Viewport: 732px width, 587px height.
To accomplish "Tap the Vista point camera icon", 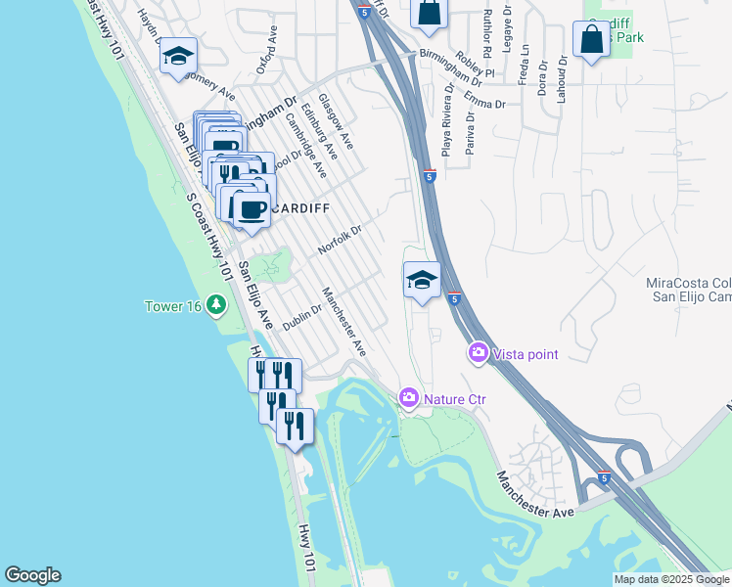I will pyautogui.click(x=479, y=352).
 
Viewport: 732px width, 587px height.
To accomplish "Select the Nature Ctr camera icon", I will pyautogui.click(x=408, y=397).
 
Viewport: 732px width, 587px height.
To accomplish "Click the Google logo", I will pyautogui.click(x=32, y=575).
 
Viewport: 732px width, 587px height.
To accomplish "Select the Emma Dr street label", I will pyautogui.click(x=486, y=102).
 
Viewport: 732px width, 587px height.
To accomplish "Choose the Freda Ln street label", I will pyautogui.click(x=526, y=62).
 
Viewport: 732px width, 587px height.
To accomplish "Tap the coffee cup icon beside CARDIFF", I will pyautogui.click(x=253, y=208).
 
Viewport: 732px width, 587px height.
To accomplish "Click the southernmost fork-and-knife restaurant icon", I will pyautogui.click(x=295, y=425).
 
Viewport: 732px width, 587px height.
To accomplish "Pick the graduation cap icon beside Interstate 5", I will pyautogui.click(x=422, y=280).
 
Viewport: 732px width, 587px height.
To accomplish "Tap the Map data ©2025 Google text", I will pyautogui.click(x=672, y=579).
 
